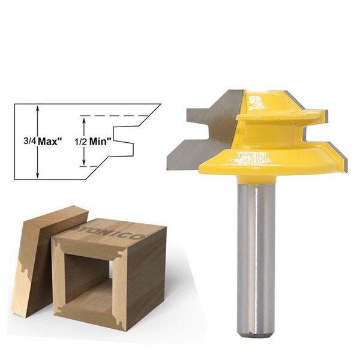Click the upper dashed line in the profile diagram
120,116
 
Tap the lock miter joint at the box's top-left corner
58,245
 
